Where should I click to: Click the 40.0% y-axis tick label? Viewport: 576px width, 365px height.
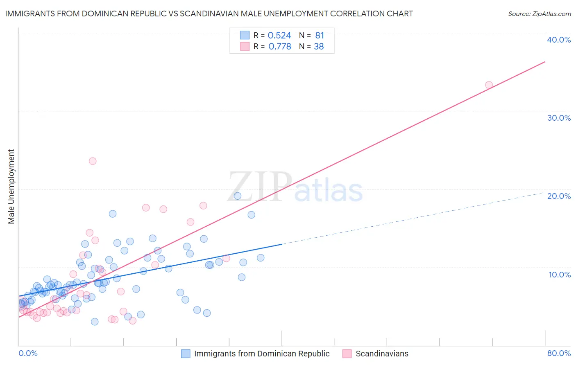[x=559, y=40]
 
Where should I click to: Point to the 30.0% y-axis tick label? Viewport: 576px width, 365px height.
[x=559, y=118]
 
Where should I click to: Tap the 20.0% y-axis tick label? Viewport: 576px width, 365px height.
[x=559, y=196]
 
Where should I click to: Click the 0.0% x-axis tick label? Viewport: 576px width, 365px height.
[x=28, y=353]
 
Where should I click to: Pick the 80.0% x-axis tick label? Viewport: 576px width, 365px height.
[x=559, y=353]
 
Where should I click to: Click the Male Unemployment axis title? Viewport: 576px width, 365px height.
[x=11, y=187]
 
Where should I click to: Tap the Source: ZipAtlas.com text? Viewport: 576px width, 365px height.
[x=539, y=14]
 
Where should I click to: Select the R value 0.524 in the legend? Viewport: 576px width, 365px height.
[x=279, y=36]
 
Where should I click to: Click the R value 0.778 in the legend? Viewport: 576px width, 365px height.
[x=279, y=47]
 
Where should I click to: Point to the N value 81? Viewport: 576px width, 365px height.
[x=320, y=36]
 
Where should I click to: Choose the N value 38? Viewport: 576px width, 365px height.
[x=319, y=47]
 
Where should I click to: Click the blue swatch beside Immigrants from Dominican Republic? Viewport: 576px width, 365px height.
[x=186, y=354]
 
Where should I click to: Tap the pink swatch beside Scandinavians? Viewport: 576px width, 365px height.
[x=347, y=354]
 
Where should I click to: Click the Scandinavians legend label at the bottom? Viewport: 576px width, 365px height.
[x=382, y=354]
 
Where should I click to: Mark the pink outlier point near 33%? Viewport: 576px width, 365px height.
[x=489, y=85]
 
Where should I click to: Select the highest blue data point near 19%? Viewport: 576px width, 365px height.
[x=237, y=196]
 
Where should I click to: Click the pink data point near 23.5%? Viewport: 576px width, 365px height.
[x=93, y=161]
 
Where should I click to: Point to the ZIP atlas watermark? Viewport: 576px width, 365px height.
[x=295, y=187]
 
